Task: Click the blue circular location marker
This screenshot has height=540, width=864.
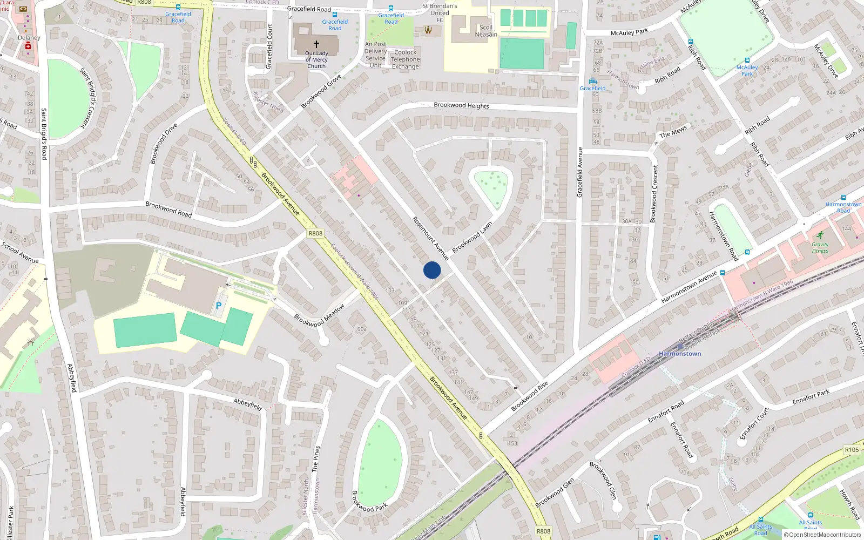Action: tap(432, 270)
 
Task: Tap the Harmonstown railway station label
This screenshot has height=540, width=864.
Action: tap(680, 354)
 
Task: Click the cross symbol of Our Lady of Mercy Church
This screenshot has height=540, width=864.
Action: tap(316, 44)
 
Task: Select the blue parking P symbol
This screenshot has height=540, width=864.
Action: tap(219, 306)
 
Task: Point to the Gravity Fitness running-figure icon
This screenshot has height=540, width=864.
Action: tap(820, 235)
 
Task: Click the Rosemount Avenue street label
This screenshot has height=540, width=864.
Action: tap(430, 238)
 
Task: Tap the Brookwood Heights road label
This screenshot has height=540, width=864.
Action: tap(461, 105)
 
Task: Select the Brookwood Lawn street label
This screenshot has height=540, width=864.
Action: tap(472, 237)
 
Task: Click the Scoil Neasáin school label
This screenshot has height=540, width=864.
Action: tap(486, 31)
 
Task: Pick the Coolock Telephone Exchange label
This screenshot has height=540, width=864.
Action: tap(406, 59)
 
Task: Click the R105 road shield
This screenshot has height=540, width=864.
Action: tap(852, 450)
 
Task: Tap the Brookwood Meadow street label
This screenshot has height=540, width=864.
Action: tap(319, 316)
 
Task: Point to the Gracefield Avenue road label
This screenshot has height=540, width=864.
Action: tap(580, 172)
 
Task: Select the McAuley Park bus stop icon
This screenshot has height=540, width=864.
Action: tap(747, 60)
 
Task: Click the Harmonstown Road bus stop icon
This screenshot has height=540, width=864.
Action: tap(843, 198)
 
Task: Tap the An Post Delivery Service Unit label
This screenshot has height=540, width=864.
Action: tap(375, 55)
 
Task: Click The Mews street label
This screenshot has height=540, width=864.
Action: tap(673, 131)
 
